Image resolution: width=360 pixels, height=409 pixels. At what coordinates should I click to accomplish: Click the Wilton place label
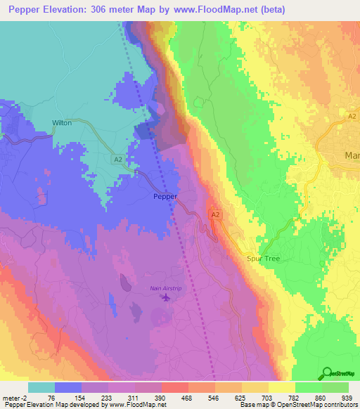click(x=62, y=122)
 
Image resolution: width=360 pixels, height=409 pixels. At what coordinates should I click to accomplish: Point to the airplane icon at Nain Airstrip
click(x=166, y=298)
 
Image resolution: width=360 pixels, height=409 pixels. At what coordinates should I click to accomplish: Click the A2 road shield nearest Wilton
click(x=118, y=160)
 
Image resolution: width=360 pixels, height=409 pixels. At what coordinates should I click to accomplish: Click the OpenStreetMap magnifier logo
click(x=326, y=373)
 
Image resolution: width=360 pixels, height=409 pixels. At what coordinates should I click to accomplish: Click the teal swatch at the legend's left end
click(x=41, y=387)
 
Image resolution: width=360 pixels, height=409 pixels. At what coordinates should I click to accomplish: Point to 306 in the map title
click(x=98, y=8)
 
